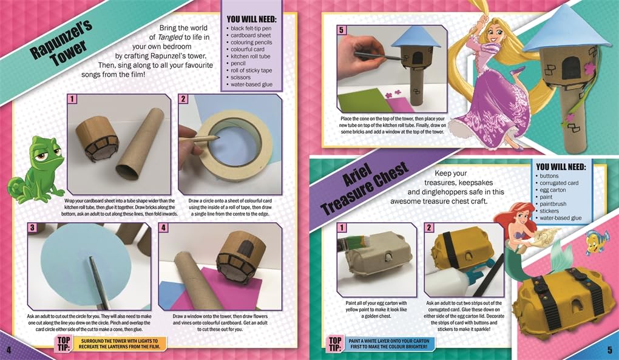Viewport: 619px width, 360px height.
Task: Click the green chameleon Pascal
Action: tap(44, 168)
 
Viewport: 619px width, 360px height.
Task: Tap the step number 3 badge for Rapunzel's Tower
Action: tap(32, 228)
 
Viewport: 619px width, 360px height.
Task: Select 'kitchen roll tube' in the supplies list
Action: tap(250, 56)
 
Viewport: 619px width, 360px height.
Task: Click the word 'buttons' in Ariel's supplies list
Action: tap(549, 175)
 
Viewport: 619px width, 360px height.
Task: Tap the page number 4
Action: tap(9, 350)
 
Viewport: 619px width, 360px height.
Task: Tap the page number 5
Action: tap(610, 350)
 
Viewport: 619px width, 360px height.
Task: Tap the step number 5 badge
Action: tap(342, 30)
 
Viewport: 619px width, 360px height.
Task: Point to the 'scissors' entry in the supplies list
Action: tap(240, 77)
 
